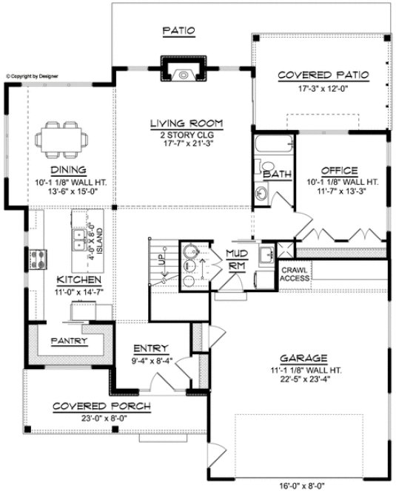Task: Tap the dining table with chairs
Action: [x=61, y=137]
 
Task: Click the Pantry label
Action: [x=69, y=341]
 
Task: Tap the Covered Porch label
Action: [x=102, y=406]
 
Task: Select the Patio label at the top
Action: [x=178, y=30]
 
